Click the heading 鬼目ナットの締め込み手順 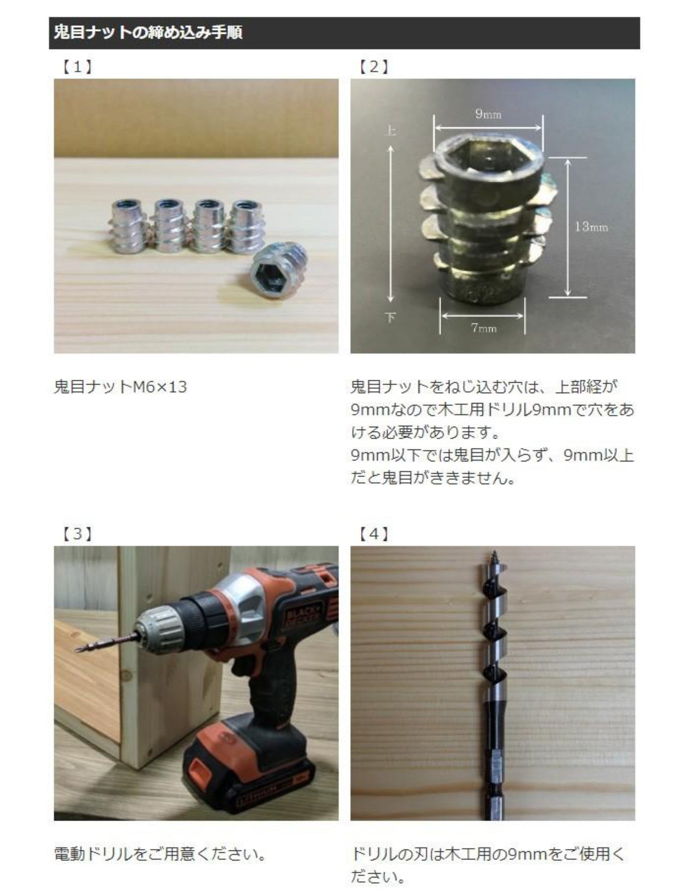pos(148,33)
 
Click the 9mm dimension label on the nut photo pos(488,114)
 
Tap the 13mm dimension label pos(591,227)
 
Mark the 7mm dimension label pos(484,328)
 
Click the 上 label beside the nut pos(390,131)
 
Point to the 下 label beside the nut pos(390,317)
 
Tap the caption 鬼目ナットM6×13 pos(120,387)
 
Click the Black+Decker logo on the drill pos(301,620)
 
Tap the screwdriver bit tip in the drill pos(79,648)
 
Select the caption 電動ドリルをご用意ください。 pos(161,854)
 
